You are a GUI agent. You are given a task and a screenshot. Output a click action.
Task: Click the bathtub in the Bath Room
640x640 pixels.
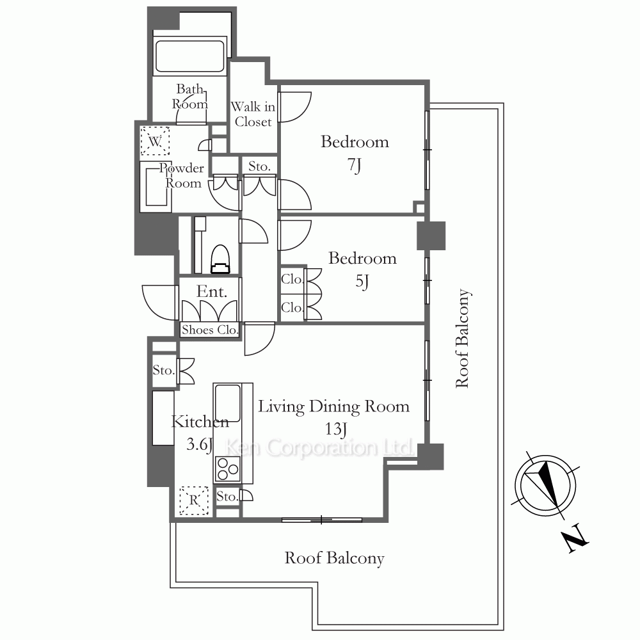point(190,56)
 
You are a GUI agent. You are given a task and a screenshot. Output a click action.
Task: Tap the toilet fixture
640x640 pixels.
point(220,259)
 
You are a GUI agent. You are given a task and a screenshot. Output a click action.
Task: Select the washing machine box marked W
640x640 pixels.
point(155,141)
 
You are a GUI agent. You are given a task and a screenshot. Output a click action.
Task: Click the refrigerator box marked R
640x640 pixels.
point(194,500)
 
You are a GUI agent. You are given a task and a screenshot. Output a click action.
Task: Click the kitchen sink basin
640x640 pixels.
point(227,404)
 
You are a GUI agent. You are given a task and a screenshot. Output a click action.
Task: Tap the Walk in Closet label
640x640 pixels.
point(253,115)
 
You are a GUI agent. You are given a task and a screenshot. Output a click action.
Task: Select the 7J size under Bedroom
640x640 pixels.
point(355,165)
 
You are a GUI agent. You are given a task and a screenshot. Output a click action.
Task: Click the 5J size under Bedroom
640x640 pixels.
point(362,282)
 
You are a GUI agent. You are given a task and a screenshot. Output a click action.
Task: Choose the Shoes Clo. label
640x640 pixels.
point(210,330)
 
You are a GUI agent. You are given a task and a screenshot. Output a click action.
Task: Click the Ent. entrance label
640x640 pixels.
point(212,292)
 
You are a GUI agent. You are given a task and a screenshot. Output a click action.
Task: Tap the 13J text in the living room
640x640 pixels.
point(336,429)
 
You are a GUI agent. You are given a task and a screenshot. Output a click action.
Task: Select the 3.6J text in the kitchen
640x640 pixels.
point(200,445)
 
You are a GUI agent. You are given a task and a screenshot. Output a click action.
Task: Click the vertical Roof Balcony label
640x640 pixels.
point(463,339)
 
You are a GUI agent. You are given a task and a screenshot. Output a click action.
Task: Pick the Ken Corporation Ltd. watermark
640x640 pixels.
point(319,448)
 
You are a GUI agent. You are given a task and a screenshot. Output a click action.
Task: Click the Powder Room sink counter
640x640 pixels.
point(156,187)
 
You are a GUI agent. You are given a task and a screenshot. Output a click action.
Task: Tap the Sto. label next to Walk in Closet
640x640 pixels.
point(259,166)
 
